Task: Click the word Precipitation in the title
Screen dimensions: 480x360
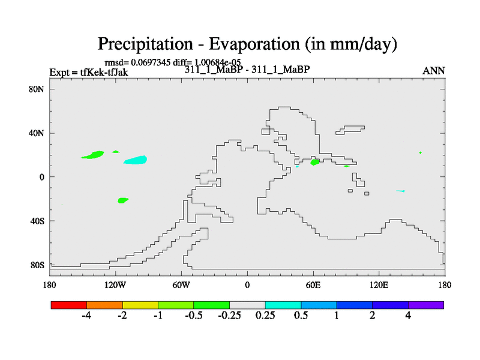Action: click(145, 44)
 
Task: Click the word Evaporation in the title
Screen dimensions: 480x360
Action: click(254, 44)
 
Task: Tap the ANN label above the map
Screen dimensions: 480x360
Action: click(433, 71)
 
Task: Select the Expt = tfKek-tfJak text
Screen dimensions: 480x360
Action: click(89, 72)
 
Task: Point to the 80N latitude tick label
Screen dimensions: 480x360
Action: click(37, 89)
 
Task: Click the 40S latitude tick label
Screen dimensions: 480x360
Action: click(37, 221)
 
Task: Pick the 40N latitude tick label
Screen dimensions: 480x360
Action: click(37, 133)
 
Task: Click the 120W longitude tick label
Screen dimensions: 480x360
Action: click(115, 286)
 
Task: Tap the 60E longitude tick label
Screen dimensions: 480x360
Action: click(313, 286)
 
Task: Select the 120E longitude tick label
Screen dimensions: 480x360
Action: click(379, 286)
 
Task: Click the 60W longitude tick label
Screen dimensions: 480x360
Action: click(181, 286)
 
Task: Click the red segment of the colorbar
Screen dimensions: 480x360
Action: click(69, 305)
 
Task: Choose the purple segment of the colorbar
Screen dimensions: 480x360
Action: click(426, 305)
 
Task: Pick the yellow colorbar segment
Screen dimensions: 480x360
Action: click(140, 305)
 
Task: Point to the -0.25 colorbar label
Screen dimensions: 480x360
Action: click(229, 316)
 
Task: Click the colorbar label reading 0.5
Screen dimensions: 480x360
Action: click(301, 316)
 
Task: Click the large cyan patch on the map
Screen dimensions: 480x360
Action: click(136, 160)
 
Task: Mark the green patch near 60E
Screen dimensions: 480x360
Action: click(314, 162)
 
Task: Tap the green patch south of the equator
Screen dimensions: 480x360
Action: click(123, 200)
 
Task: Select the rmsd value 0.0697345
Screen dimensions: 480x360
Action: click(151, 62)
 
